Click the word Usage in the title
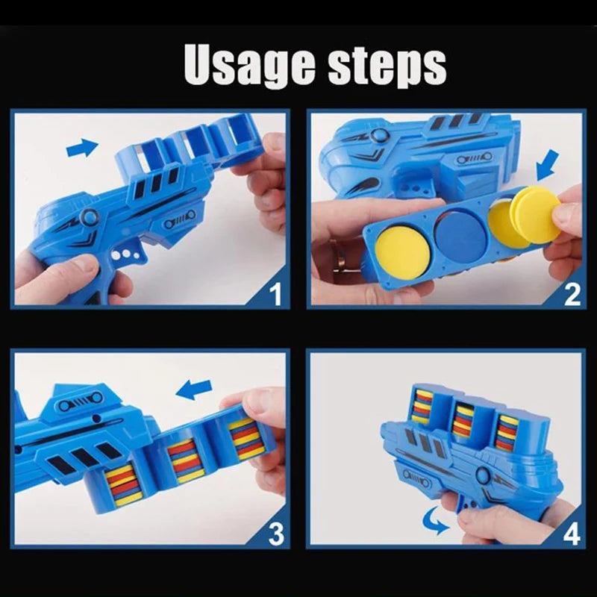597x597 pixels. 247,66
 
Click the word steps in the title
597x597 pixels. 386,66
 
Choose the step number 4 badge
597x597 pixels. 572,533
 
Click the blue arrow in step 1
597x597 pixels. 82,148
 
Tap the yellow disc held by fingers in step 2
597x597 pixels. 536,215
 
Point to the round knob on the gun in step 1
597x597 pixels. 90,217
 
